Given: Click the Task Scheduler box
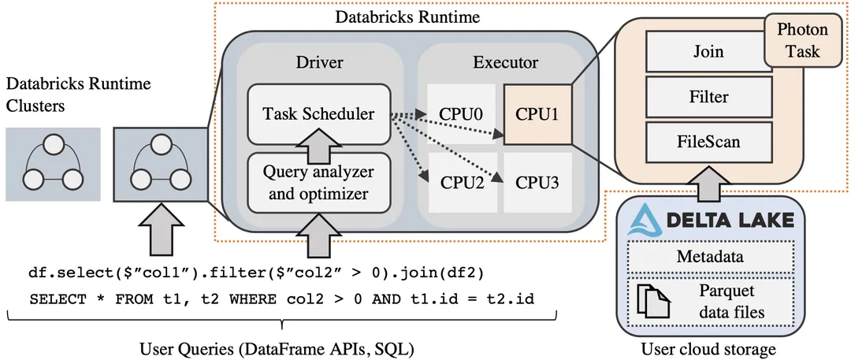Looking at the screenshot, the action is pos(318,114).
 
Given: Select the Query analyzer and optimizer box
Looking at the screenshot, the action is pos(318,183).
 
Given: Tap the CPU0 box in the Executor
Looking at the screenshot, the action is pos(462,114).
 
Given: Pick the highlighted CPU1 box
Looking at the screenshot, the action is pos(537,114).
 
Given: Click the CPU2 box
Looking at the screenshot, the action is pos(462,183).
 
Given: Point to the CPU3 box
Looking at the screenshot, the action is pos(537,183).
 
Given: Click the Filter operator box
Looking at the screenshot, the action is pos(708,97).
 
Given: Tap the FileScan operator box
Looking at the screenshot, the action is pos(708,143).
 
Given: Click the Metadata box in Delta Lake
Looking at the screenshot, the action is pos(708,257).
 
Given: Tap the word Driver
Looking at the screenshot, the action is pos(319,62).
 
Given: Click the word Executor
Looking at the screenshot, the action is pos(505,62).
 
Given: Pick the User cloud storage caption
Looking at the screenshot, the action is pos(708,348).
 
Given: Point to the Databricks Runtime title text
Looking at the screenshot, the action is pos(407,17).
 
